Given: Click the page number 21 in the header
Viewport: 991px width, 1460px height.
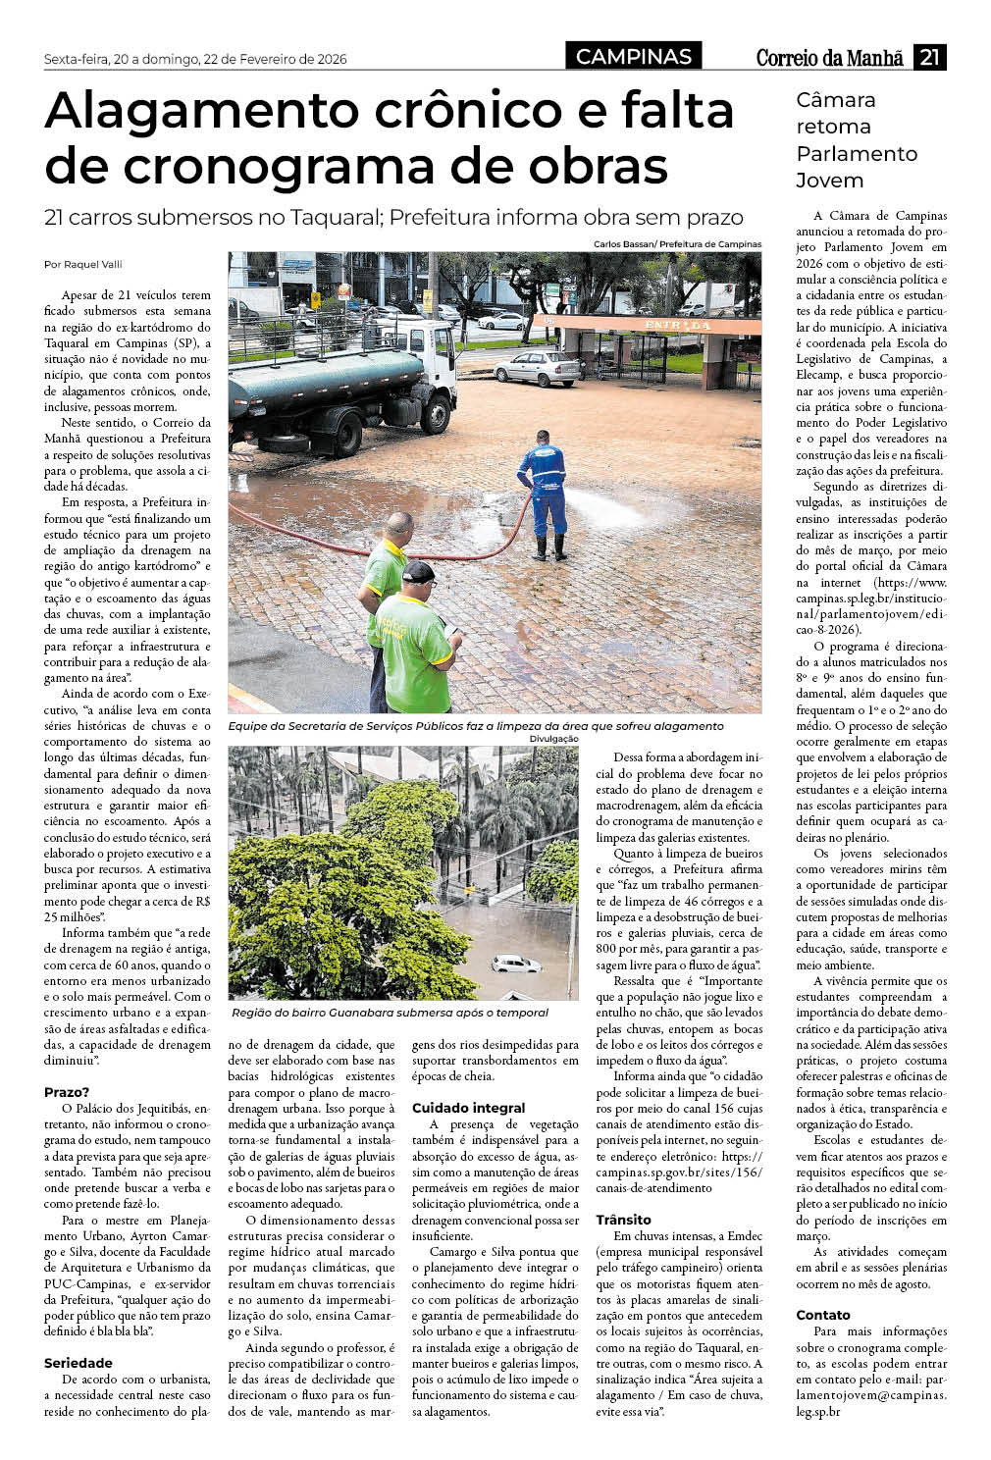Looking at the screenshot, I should coord(928,57).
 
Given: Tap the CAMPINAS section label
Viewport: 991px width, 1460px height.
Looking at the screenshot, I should coord(633,57).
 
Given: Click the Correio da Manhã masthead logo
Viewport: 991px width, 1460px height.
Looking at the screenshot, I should coord(829,58).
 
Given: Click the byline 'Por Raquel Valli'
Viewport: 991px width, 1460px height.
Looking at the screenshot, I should coord(83,264).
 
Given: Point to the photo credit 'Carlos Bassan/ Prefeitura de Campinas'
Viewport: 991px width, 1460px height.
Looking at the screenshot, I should coord(676,244).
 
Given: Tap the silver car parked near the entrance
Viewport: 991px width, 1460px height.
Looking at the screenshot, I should coord(537,368).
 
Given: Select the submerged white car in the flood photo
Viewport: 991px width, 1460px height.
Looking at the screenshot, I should coord(515,964).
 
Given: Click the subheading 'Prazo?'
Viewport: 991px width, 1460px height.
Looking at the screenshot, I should coord(67,1092).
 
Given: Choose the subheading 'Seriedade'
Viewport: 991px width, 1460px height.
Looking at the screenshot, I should coord(78,1363).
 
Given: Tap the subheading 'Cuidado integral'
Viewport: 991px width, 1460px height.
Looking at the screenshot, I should coord(468,1108).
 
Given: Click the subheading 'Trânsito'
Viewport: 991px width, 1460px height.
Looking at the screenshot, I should coord(624,1220).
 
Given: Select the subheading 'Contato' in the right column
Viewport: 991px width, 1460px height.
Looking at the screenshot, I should coord(823,1315).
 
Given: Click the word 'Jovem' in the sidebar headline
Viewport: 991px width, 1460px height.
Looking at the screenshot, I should coord(830,181).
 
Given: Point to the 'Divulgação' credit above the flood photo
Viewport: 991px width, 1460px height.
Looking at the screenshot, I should coord(553,738).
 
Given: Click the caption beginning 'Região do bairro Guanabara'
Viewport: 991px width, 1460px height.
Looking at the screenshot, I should coord(390,1013).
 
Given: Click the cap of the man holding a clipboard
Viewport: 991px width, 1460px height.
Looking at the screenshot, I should coord(417,570).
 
